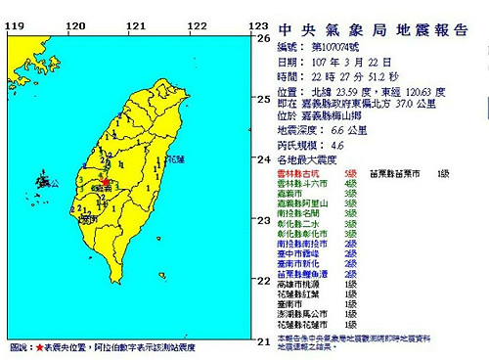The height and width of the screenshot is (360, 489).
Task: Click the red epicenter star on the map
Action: [105, 182]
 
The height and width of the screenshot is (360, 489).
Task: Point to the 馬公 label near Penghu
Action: [55, 182]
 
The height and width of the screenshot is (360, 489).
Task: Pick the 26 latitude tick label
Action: [262, 38]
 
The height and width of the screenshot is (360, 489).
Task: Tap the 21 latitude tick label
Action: [262, 341]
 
